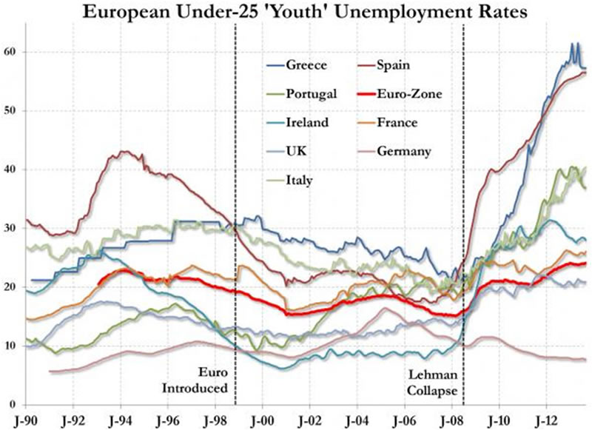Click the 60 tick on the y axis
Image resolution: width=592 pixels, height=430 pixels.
10,52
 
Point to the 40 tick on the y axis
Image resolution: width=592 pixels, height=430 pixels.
10,169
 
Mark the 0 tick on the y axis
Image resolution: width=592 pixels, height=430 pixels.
13,404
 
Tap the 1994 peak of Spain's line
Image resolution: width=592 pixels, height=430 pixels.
121,152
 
